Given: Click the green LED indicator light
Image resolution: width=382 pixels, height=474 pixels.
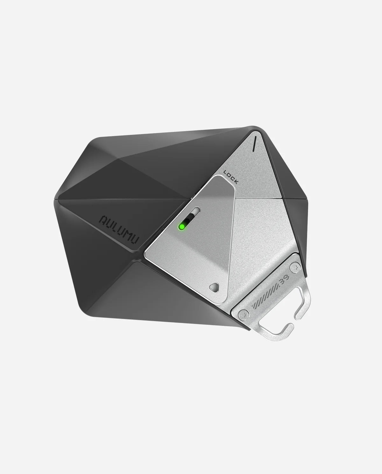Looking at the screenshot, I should point(182,227).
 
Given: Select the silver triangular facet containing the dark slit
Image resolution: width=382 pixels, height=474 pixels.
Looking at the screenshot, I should point(255,166).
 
